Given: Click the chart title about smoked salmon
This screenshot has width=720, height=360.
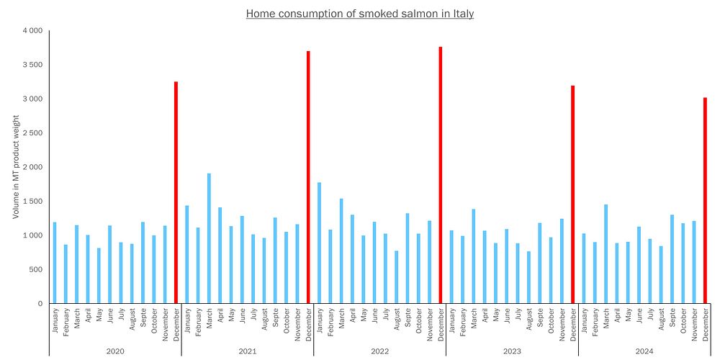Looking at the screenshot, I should click(x=360, y=14).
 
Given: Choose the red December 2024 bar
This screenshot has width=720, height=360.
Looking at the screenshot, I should click(x=705, y=201).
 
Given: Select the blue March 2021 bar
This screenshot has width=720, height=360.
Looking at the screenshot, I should click(x=209, y=238).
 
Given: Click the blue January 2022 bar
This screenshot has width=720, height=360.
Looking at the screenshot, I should click(x=319, y=243).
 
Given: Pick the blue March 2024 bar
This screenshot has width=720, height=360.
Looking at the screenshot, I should click(x=606, y=254).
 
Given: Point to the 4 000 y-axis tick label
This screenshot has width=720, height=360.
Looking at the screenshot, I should click(x=32, y=31).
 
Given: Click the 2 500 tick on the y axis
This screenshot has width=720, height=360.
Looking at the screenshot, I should click(x=32, y=133).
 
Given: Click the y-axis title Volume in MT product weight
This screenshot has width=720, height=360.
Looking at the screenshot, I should click(x=16, y=167).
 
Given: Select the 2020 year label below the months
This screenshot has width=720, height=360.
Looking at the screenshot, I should click(x=115, y=351).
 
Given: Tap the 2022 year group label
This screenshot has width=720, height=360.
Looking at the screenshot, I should click(x=380, y=351).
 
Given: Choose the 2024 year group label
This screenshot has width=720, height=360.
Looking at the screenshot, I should click(x=644, y=351).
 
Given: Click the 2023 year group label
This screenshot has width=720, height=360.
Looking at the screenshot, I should click(x=512, y=351).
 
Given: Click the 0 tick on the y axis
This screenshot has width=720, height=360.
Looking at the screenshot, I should click(x=40, y=304).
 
